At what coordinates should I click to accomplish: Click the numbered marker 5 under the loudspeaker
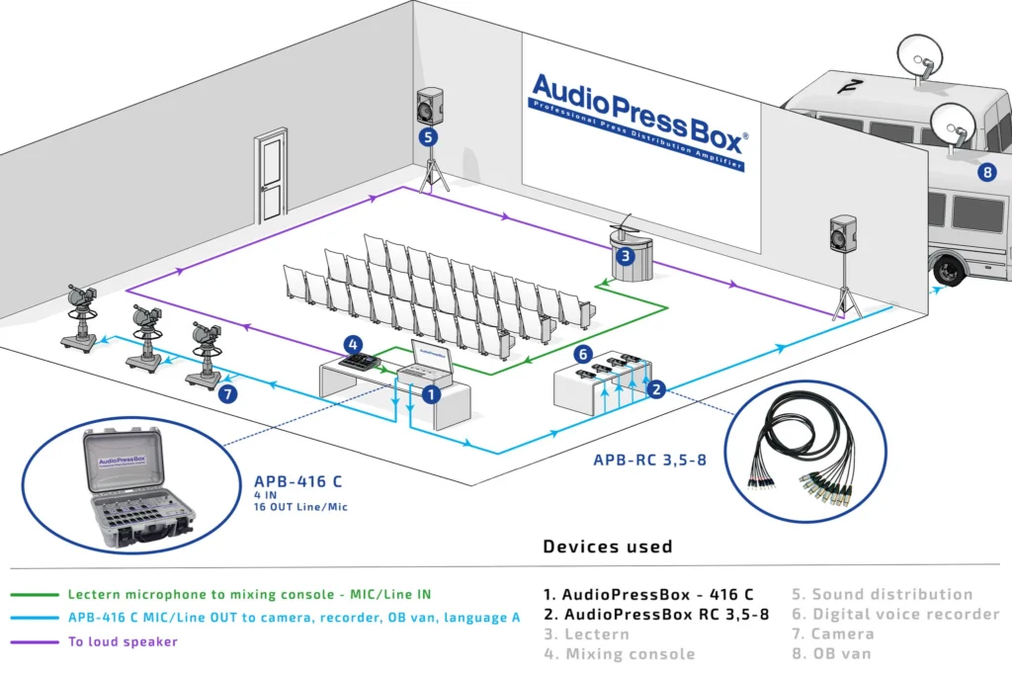pyautogui.click(x=428, y=137)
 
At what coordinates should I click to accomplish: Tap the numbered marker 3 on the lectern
pyautogui.click(x=624, y=256)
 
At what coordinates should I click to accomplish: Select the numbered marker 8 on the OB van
pyautogui.click(x=985, y=172)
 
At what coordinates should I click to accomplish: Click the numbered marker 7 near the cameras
pyautogui.click(x=228, y=394)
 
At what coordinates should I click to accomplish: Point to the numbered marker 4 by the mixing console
pyautogui.click(x=353, y=344)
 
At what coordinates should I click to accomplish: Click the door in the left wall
pyautogui.click(x=270, y=170)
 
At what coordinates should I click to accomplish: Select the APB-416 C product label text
pyautogui.click(x=297, y=482)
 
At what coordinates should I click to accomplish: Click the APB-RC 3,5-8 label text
pyautogui.click(x=649, y=460)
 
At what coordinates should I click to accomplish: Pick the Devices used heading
pyautogui.click(x=607, y=547)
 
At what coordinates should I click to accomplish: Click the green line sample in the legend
pyautogui.click(x=36, y=595)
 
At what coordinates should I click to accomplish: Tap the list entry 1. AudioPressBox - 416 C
pyautogui.click(x=647, y=594)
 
